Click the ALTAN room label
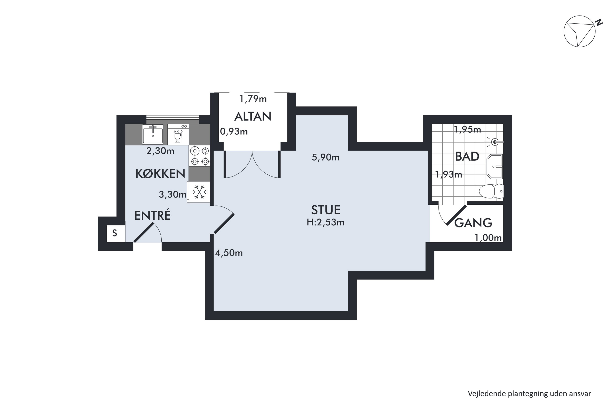point(253,116)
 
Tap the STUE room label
point(326,210)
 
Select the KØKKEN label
point(160,174)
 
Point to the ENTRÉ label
point(152,215)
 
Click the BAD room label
point(467,157)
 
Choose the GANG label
point(473,223)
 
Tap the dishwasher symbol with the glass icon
point(178,134)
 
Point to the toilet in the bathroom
point(491,191)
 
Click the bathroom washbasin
point(495,166)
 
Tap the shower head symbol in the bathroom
point(494,142)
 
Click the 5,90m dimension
point(326,157)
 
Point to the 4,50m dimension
point(229,253)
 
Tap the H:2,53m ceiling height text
point(326,223)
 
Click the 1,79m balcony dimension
point(253,99)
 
